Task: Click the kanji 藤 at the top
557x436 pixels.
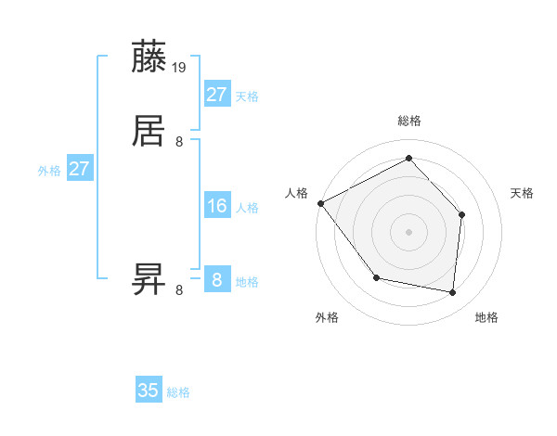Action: pos(149,58)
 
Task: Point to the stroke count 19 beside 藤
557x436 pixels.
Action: pos(180,67)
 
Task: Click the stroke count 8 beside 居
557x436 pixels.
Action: pos(179,141)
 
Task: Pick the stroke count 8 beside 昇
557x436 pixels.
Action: pos(179,289)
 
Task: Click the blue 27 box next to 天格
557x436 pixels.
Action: pos(217,94)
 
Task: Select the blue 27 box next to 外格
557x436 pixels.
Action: pos(80,170)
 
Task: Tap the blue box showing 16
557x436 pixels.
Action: pos(217,206)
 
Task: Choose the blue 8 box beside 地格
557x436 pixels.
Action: pos(217,280)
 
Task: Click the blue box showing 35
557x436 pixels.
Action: pos(149,391)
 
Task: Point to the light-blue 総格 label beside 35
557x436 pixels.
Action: pos(178,392)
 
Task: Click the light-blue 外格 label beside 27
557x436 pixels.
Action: pos(49,171)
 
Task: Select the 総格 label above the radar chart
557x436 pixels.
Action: pos(408,121)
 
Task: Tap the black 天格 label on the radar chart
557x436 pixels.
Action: pos(523,193)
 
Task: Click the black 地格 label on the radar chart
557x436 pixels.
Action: pos(486,318)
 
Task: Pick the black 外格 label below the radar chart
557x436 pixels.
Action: pos(327,318)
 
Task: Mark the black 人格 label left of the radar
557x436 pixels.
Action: pos(296,193)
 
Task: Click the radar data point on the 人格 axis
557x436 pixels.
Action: pos(321,203)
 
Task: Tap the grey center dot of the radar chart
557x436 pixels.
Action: pos(408,231)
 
